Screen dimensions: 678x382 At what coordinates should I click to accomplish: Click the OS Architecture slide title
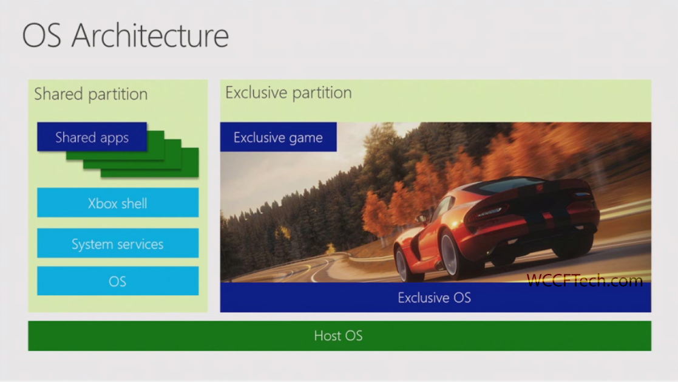click(126, 35)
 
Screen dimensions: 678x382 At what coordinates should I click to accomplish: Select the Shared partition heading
click(91, 94)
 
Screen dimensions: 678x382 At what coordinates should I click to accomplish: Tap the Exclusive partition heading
click(288, 92)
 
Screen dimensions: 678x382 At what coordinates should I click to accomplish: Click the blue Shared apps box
click(92, 137)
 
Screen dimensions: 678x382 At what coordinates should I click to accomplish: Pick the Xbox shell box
click(118, 202)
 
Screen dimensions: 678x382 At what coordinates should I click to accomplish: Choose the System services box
click(118, 243)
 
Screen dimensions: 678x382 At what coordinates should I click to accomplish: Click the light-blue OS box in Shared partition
click(118, 281)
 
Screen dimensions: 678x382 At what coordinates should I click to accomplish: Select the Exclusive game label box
click(278, 137)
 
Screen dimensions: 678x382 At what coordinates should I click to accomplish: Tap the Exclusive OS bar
click(435, 297)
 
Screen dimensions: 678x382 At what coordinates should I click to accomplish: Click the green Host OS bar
click(339, 336)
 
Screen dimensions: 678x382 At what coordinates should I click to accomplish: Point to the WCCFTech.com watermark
click(585, 281)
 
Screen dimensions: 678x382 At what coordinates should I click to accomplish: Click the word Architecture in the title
click(150, 35)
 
